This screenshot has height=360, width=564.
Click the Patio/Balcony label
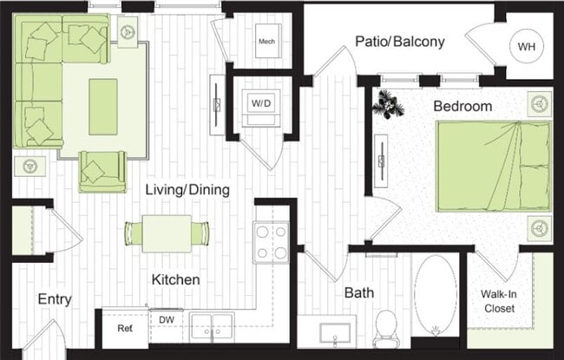click(x=400, y=41)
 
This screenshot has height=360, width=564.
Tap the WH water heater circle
click(x=527, y=46)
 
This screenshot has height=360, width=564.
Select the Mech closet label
click(x=267, y=41)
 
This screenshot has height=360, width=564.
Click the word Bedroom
click(x=462, y=107)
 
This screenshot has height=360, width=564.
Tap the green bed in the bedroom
click(x=493, y=166)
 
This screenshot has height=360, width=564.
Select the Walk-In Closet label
click(x=498, y=300)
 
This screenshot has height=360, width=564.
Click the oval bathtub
click(x=434, y=295)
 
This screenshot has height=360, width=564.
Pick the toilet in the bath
click(x=385, y=327)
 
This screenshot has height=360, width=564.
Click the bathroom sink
click(x=335, y=332)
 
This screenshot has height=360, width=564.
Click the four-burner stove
click(x=270, y=242)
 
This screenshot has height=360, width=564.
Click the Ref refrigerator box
click(x=125, y=329)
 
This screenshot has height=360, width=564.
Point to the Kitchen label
click(x=176, y=280)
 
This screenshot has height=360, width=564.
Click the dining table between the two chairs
click(x=167, y=232)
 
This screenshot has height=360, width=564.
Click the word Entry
click(x=55, y=299)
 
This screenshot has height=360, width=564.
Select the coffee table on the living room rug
click(x=103, y=106)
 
